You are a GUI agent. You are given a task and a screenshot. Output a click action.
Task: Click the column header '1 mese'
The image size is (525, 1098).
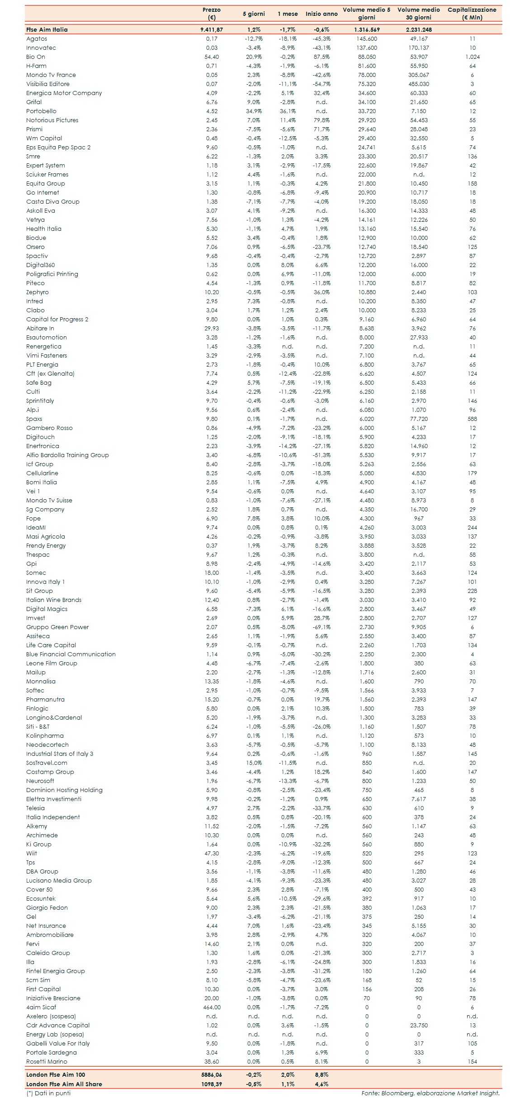(x=288, y=14)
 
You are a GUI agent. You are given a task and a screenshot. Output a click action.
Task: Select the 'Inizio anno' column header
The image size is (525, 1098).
(x=322, y=14)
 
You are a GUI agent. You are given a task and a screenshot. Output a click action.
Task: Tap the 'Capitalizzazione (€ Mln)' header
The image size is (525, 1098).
(x=472, y=14)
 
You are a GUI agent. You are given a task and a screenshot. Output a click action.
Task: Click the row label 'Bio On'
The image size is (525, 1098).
(x=36, y=57)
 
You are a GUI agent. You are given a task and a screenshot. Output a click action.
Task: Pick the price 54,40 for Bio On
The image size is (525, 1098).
(x=212, y=57)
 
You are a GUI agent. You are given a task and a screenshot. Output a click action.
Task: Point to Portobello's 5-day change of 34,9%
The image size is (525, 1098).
(x=254, y=111)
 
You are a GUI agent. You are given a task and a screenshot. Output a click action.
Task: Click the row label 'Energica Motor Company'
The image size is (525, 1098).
(x=64, y=93)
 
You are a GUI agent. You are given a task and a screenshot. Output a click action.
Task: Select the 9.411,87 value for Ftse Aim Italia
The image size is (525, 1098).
(x=212, y=30)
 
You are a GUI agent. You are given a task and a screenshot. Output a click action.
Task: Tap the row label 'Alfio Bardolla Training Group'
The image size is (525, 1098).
(x=67, y=455)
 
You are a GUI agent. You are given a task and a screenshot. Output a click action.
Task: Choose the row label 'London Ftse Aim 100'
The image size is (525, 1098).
(x=56, y=1074)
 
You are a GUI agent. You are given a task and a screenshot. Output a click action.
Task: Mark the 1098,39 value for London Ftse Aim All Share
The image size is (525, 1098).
(x=212, y=1084)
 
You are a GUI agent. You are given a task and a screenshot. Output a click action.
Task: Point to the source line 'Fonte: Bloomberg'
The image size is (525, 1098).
(x=430, y=1093)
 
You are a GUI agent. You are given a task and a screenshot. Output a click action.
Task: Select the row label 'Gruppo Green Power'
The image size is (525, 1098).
(x=57, y=627)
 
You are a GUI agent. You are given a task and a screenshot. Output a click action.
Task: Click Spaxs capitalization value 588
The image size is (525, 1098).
(x=472, y=419)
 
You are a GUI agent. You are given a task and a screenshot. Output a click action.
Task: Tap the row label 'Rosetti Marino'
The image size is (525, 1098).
(x=47, y=1062)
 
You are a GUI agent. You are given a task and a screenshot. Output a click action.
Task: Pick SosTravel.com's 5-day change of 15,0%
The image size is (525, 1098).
(x=254, y=763)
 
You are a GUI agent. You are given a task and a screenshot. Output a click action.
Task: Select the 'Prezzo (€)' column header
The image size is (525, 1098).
(x=212, y=14)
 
